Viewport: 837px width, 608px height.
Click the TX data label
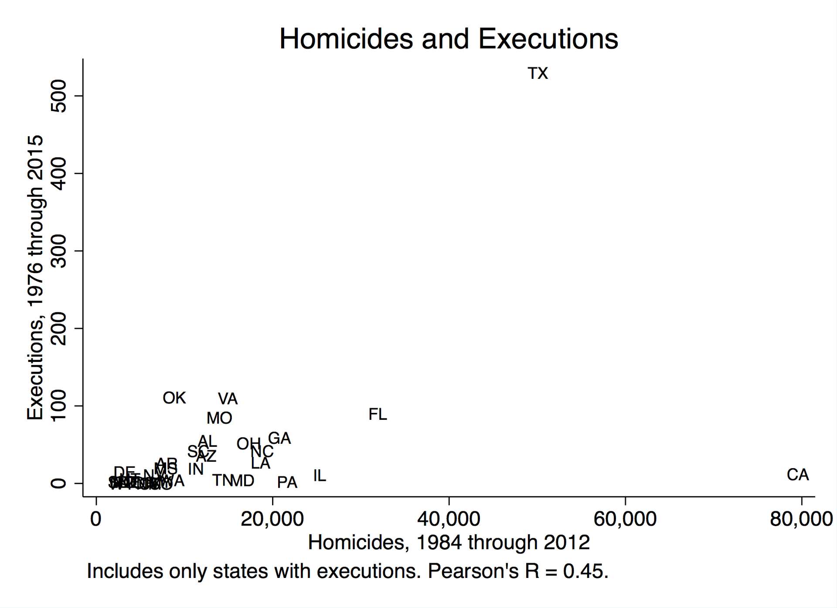click(538, 74)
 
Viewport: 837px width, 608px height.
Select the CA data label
click(797, 475)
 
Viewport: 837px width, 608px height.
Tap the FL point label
click(378, 414)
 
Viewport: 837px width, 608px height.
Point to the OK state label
click(174, 398)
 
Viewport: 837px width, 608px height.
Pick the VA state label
click(228, 399)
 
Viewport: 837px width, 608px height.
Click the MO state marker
click(219, 419)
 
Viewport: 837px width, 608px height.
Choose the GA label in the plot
click(279, 438)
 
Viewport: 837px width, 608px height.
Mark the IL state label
click(320, 476)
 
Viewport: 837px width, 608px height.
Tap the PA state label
click(287, 483)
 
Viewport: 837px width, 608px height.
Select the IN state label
click(196, 469)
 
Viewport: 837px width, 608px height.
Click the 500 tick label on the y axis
click(59, 96)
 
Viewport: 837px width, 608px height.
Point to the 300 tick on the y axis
click(59, 251)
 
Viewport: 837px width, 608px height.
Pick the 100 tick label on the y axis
click(59, 405)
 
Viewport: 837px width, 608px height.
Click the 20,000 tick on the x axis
click(272, 519)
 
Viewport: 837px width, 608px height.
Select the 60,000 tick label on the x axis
click(625, 519)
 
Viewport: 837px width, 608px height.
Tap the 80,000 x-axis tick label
click(801, 519)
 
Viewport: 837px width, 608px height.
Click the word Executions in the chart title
click(548, 39)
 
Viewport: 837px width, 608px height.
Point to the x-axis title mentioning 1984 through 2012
click(449, 543)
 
